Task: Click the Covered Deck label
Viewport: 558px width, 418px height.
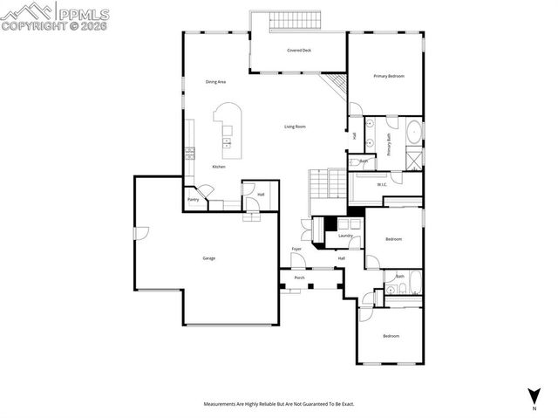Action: (299, 51)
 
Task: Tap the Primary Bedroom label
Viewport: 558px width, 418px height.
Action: (389, 77)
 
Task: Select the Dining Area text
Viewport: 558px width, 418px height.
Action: (216, 82)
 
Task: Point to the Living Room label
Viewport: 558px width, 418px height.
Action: (295, 127)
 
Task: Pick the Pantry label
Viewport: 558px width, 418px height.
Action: (193, 200)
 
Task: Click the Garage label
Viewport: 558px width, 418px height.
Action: (209, 258)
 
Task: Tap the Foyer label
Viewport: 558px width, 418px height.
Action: (296, 250)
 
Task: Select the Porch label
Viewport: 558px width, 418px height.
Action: (299, 278)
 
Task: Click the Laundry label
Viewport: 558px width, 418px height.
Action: (345, 236)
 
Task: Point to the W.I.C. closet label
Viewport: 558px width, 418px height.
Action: (382, 184)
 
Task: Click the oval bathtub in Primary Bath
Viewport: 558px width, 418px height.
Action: (413, 134)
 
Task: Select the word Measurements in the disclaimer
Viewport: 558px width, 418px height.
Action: (221, 404)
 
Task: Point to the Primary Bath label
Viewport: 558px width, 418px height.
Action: (389, 143)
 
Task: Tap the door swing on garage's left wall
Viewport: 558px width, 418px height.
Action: (141, 234)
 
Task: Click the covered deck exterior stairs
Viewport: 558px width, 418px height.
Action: (298, 20)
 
